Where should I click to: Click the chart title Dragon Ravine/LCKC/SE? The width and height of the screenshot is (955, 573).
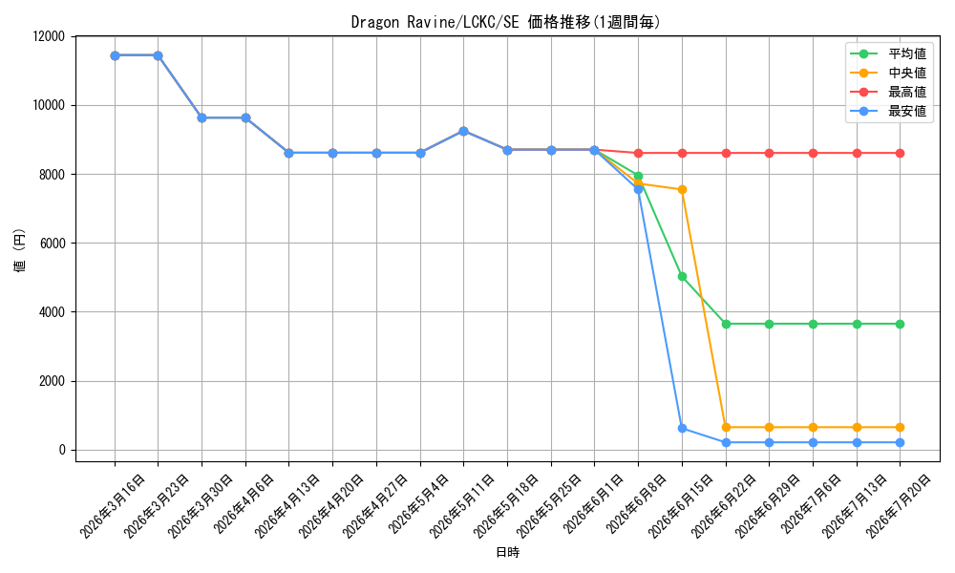(x=435, y=23)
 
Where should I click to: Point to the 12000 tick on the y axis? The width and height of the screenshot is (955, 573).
(x=49, y=36)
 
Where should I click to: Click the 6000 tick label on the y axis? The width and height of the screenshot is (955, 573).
(x=52, y=244)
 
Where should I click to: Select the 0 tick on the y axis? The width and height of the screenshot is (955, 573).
(x=61, y=451)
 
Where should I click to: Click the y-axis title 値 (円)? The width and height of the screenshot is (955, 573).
(x=20, y=249)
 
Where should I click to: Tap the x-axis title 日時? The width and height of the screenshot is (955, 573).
(x=507, y=552)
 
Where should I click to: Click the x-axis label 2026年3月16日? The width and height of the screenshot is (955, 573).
(x=114, y=506)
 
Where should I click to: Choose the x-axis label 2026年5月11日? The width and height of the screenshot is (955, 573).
(x=462, y=506)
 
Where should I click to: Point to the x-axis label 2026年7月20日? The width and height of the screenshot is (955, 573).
(x=899, y=506)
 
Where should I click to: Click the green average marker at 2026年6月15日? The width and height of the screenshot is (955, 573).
(x=682, y=276)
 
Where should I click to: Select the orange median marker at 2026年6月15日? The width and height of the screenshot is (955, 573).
(x=682, y=189)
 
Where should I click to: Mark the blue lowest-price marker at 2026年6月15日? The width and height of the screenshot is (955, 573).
(x=682, y=428)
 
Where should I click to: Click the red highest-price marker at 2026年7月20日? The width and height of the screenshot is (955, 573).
(x=901, y=154)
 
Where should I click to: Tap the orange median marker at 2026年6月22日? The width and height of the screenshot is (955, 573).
(x=726, y=428)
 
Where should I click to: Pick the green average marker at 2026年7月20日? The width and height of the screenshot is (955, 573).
(x=901, y=324)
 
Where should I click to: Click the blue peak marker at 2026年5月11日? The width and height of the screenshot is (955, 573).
(x=463, y=131)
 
